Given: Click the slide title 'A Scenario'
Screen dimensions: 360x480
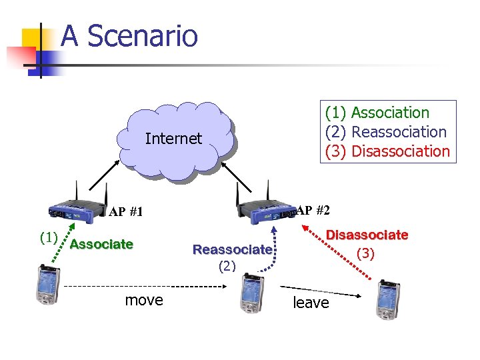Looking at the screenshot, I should click(129, 36).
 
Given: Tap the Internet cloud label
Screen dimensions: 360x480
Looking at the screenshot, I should click(173, 139).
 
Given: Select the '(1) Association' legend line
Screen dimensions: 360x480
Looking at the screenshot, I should click(377, 113).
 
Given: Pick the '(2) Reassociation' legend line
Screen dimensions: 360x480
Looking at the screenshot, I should click(386, 132).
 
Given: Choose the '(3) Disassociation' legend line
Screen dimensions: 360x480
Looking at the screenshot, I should click(387, 151).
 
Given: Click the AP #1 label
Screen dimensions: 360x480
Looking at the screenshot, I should click(126, 212).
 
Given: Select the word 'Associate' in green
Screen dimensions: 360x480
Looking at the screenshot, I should click(101, 244).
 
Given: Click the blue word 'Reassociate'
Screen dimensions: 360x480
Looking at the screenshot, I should click(232, 250).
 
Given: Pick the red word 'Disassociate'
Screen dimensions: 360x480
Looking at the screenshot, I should click(367, 235).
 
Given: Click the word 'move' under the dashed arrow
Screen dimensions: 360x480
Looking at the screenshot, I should click(144, 300).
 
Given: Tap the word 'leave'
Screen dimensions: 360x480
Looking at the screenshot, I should click(311, 303).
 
